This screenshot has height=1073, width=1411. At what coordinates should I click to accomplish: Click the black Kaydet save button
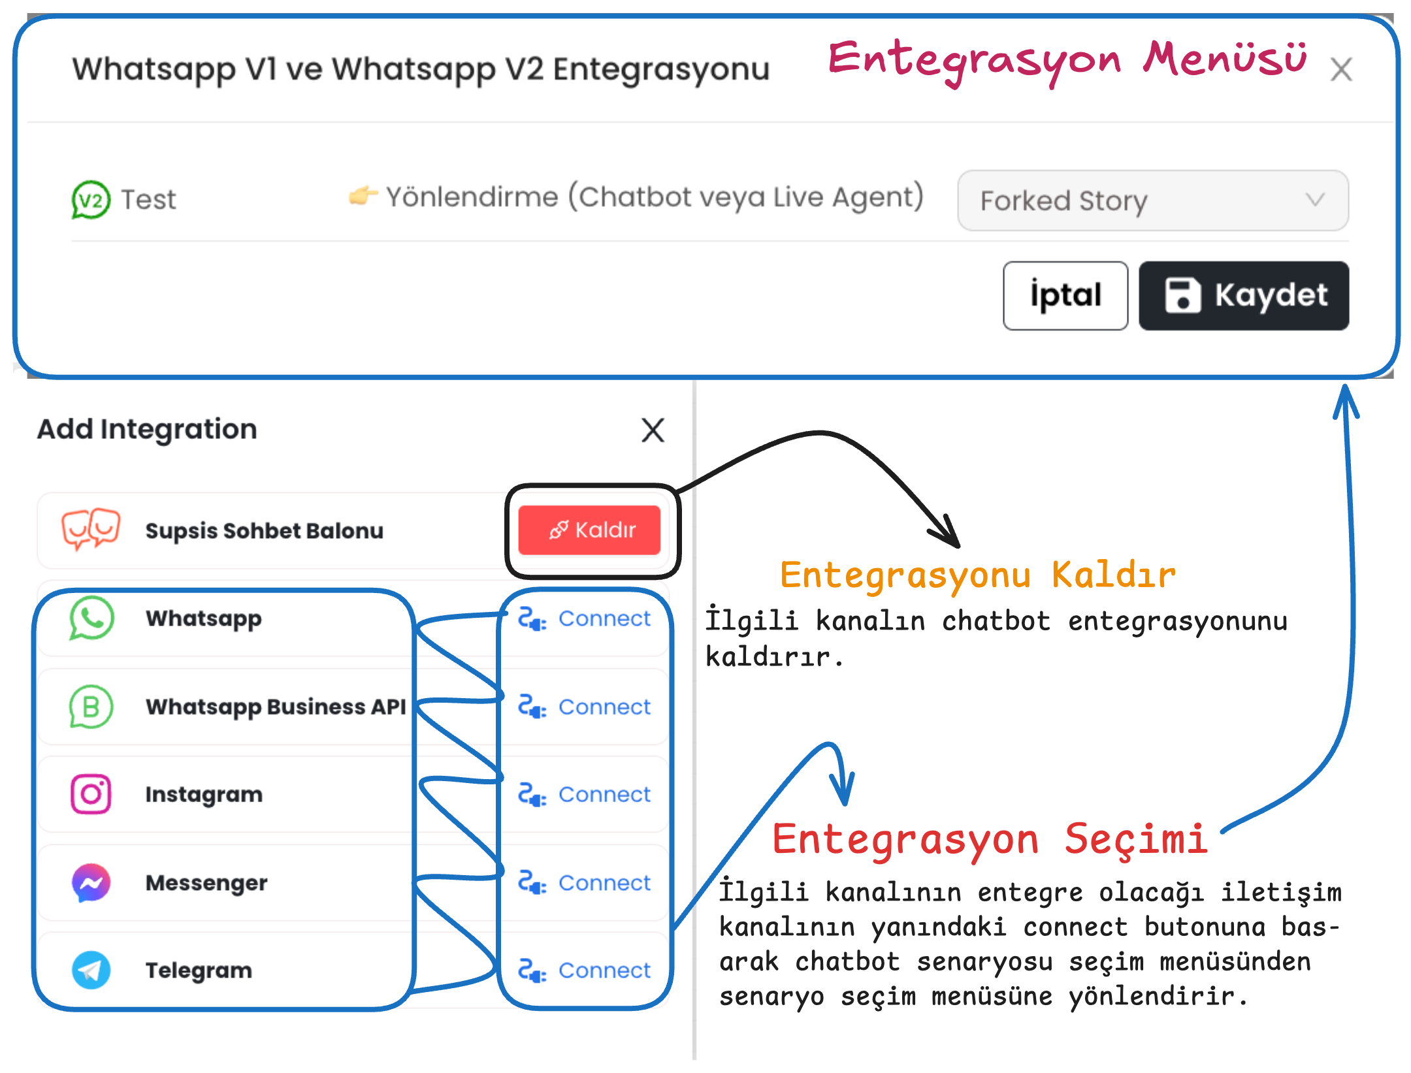[x=1244, y=295]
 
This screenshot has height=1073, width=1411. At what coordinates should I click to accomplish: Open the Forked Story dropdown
[x=1153, y=200]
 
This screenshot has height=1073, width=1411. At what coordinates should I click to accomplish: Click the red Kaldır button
[x=589, y=530]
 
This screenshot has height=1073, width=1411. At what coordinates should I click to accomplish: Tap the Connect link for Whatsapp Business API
[x=585, y=707]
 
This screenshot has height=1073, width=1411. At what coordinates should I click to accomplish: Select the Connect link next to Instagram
[x=585, y=794]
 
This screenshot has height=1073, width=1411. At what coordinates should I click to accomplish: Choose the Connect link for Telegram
[x=585, y=970]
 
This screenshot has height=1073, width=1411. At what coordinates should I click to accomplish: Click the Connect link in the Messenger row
[x=585, y=882]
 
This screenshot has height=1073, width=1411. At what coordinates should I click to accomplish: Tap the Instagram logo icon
[x=91, y=794]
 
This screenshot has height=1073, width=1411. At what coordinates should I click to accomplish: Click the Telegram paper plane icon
[x=91, y=970]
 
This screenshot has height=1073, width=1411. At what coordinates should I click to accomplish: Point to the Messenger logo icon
[x=91, y=883]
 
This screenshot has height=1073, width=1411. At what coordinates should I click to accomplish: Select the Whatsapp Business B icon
[x=91, y=707]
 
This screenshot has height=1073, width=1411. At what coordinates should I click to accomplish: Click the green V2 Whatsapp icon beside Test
[x=91, y=200]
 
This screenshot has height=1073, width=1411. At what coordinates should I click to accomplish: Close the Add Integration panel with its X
[x=653, y=430]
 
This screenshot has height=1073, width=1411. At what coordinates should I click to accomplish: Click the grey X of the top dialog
[x=1341, y=69]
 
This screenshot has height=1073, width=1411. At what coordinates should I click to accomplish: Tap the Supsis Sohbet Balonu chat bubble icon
[x=91, y=529]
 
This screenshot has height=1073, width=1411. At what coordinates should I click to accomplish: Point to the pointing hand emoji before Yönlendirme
[x=363, y=195]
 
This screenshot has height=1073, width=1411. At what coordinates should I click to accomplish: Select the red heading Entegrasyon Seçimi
[x=990, y=839]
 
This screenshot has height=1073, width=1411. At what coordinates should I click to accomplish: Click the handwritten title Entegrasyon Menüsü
[x=1067, y=60]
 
